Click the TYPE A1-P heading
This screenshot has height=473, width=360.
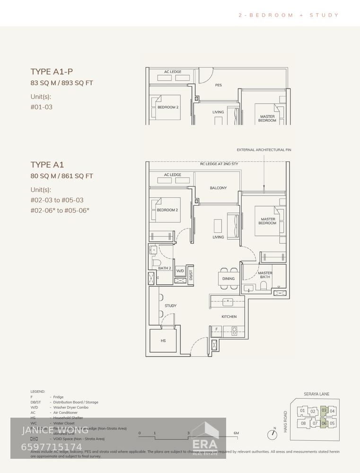pos(52,72)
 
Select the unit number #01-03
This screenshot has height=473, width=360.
pos(42,107)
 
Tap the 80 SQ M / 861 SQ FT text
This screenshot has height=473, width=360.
pos(62,176)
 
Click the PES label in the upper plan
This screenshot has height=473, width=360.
pos(218,85)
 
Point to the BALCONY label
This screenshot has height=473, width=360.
pos(218,188)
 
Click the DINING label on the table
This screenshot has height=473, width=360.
pos(228,279)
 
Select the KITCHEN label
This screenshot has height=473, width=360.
pos(229,316)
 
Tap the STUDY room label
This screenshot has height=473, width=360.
pos(170,306)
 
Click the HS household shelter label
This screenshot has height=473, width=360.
pos(163,341)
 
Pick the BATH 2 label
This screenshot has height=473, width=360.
pos(165,268)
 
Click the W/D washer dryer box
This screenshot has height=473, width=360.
pos(180,272)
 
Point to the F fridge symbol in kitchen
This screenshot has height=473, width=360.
pos(217,329)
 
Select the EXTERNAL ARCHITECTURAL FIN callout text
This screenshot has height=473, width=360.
pos(264,150)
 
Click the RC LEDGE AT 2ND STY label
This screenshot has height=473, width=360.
pos(219,164)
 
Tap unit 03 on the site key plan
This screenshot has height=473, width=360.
pos(324,411)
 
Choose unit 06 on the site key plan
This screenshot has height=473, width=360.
pos(324,423)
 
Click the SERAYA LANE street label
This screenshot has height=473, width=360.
pos(316,394)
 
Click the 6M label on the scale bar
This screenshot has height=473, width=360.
pos(236,433)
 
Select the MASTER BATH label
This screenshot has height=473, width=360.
pos(265,275)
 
